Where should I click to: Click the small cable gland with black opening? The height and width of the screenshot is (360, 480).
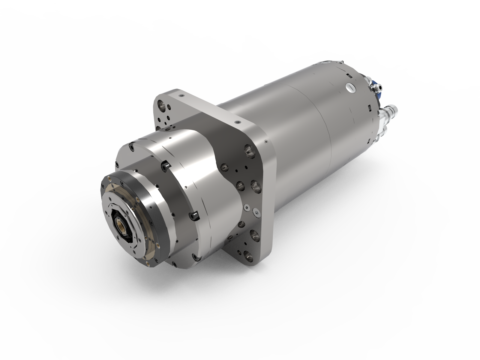(x=375, y=87)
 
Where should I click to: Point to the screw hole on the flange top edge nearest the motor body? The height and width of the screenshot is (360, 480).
(x=238, y=122)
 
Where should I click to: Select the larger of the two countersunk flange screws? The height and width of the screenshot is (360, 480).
(x=256, y=212)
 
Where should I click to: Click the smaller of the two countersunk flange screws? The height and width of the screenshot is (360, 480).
(x=247, y=207)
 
